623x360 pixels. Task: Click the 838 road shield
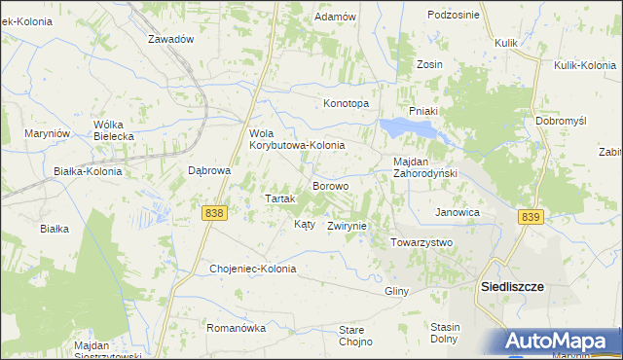tap(215, 212)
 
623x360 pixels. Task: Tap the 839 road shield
tap(530, 217)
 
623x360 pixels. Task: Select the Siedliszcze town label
tap(513, 288)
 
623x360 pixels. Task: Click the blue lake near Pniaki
tap(397, 126)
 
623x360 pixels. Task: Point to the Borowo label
tap(330, 185)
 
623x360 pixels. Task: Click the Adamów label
tap(334, 18)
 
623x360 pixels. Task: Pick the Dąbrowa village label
tap(208, 170)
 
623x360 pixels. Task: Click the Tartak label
tap(280, 198)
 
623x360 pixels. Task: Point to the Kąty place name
tap(304, 224)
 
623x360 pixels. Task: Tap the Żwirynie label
tap(347, 226)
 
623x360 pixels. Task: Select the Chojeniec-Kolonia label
tap(252, 269)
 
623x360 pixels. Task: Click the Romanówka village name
tap(236, 329)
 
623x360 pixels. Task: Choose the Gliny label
tap(395, 291)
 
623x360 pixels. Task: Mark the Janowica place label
tap(458, 212)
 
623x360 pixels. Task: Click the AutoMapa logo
tap(562, 342)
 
